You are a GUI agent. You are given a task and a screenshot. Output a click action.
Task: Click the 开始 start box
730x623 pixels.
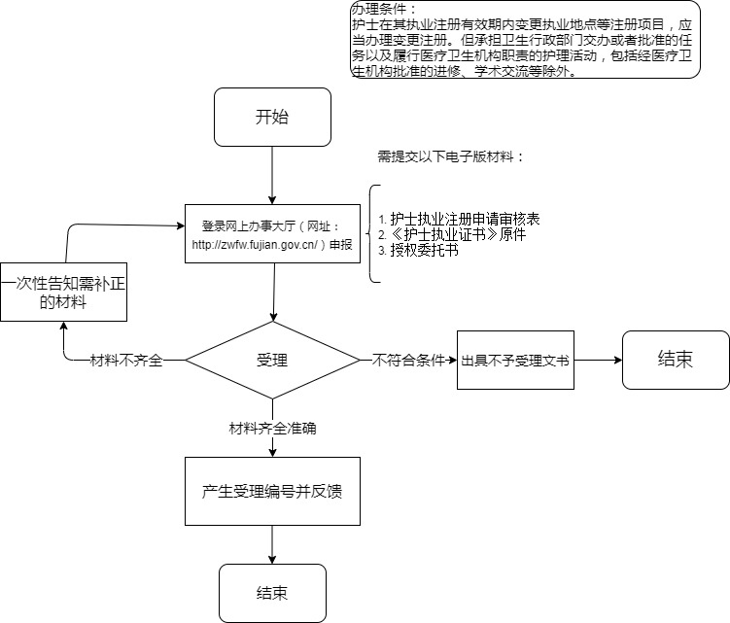[272, 119]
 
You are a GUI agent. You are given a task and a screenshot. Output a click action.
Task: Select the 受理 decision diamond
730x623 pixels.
[272, 360]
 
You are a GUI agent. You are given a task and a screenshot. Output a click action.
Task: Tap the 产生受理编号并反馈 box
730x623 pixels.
[272, 492]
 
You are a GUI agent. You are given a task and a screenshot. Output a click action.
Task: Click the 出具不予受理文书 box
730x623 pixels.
[515, 360]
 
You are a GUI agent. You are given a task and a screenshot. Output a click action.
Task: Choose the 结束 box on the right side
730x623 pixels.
[676, 360]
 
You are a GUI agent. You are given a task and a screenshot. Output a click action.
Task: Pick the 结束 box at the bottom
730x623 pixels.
[272, 593]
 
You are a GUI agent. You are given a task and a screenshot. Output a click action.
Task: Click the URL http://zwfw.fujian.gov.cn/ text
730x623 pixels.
[257, 245]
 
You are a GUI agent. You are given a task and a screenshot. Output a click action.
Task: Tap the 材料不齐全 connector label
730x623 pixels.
[126, 361]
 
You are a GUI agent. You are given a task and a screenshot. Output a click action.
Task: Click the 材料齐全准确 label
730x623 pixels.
[272, 428]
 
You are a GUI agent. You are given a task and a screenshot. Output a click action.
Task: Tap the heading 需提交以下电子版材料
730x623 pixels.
[450, 156]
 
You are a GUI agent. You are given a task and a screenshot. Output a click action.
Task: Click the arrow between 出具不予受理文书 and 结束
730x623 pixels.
[597, 360]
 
